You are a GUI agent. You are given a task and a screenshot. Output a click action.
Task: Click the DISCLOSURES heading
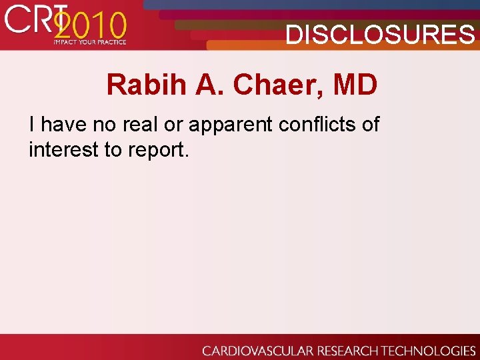[x=380, y=35]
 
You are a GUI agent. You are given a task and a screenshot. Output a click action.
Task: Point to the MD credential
[x=355, y=85]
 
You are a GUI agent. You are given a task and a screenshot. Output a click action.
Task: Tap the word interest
[x=63, y=150]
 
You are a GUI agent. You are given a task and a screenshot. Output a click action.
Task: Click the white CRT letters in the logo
[x=30, y=20]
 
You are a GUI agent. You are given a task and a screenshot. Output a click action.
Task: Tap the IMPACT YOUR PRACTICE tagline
[x=90, y=42]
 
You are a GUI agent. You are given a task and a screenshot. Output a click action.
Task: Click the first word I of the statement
[x=32, y=124]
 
